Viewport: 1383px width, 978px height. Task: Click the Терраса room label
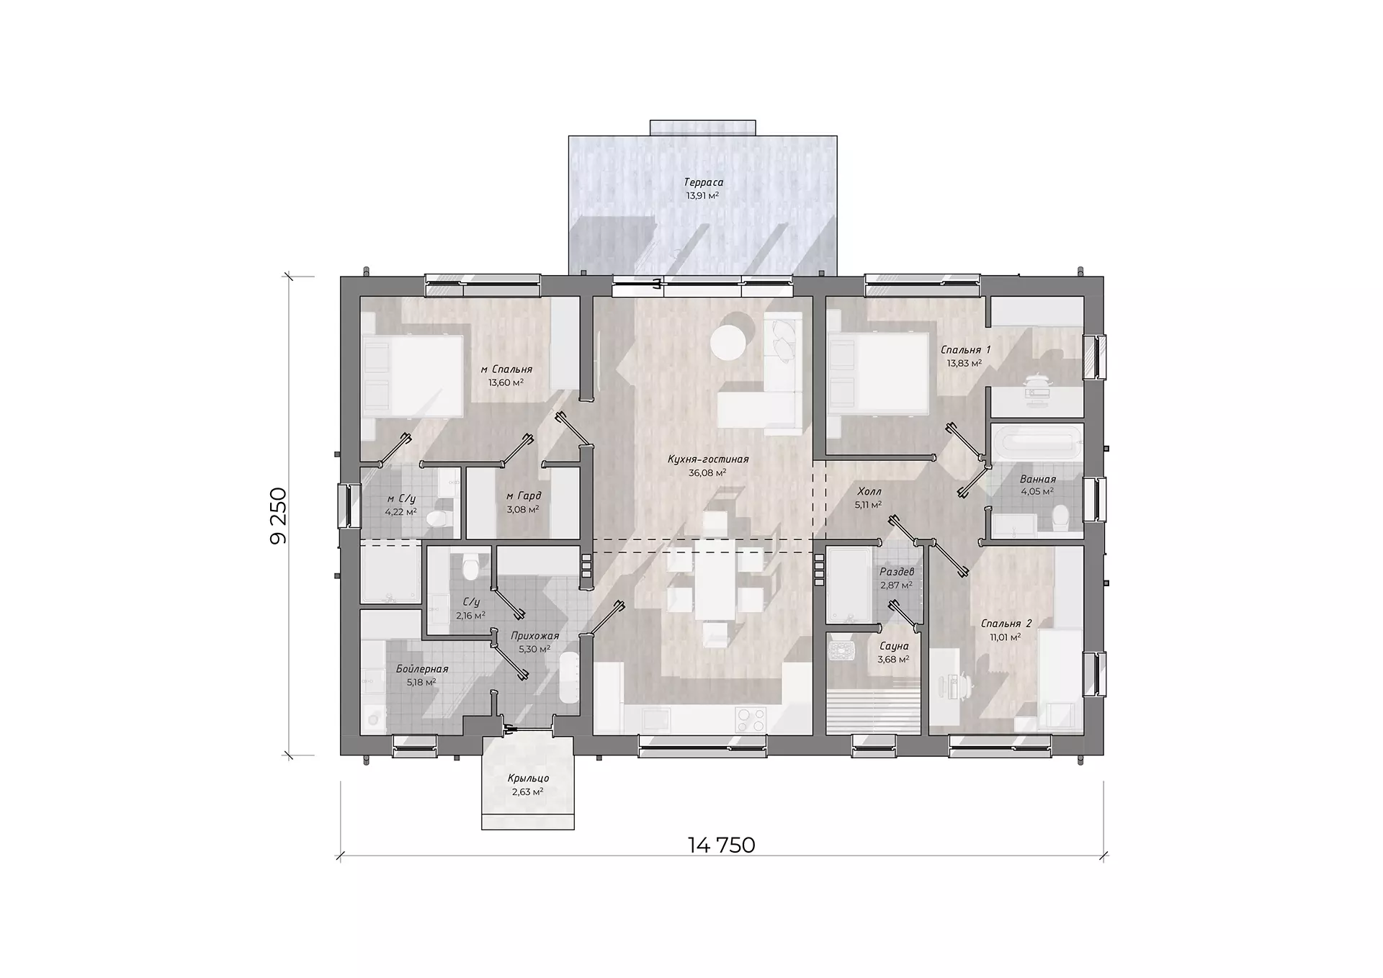(703, 183)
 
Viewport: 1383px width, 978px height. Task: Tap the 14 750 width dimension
(722, 845)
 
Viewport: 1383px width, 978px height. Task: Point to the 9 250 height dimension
(278, 516)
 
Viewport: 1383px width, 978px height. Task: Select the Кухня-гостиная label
(708, 459)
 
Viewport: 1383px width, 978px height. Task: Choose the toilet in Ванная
(1060, 517)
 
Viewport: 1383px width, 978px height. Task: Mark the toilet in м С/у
(437, 519)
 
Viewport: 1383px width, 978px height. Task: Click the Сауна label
(893, 647)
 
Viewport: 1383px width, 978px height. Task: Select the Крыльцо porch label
(528, 779)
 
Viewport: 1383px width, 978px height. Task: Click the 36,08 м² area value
(707, 473)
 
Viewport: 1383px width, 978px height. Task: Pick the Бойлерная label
(422, 669)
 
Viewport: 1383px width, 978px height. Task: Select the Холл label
(868, 492)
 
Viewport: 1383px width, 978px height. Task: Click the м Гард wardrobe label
(523, 495)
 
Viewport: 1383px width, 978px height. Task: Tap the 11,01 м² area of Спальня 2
(1005, 637)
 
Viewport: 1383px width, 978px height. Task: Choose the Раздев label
(897, 572)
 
